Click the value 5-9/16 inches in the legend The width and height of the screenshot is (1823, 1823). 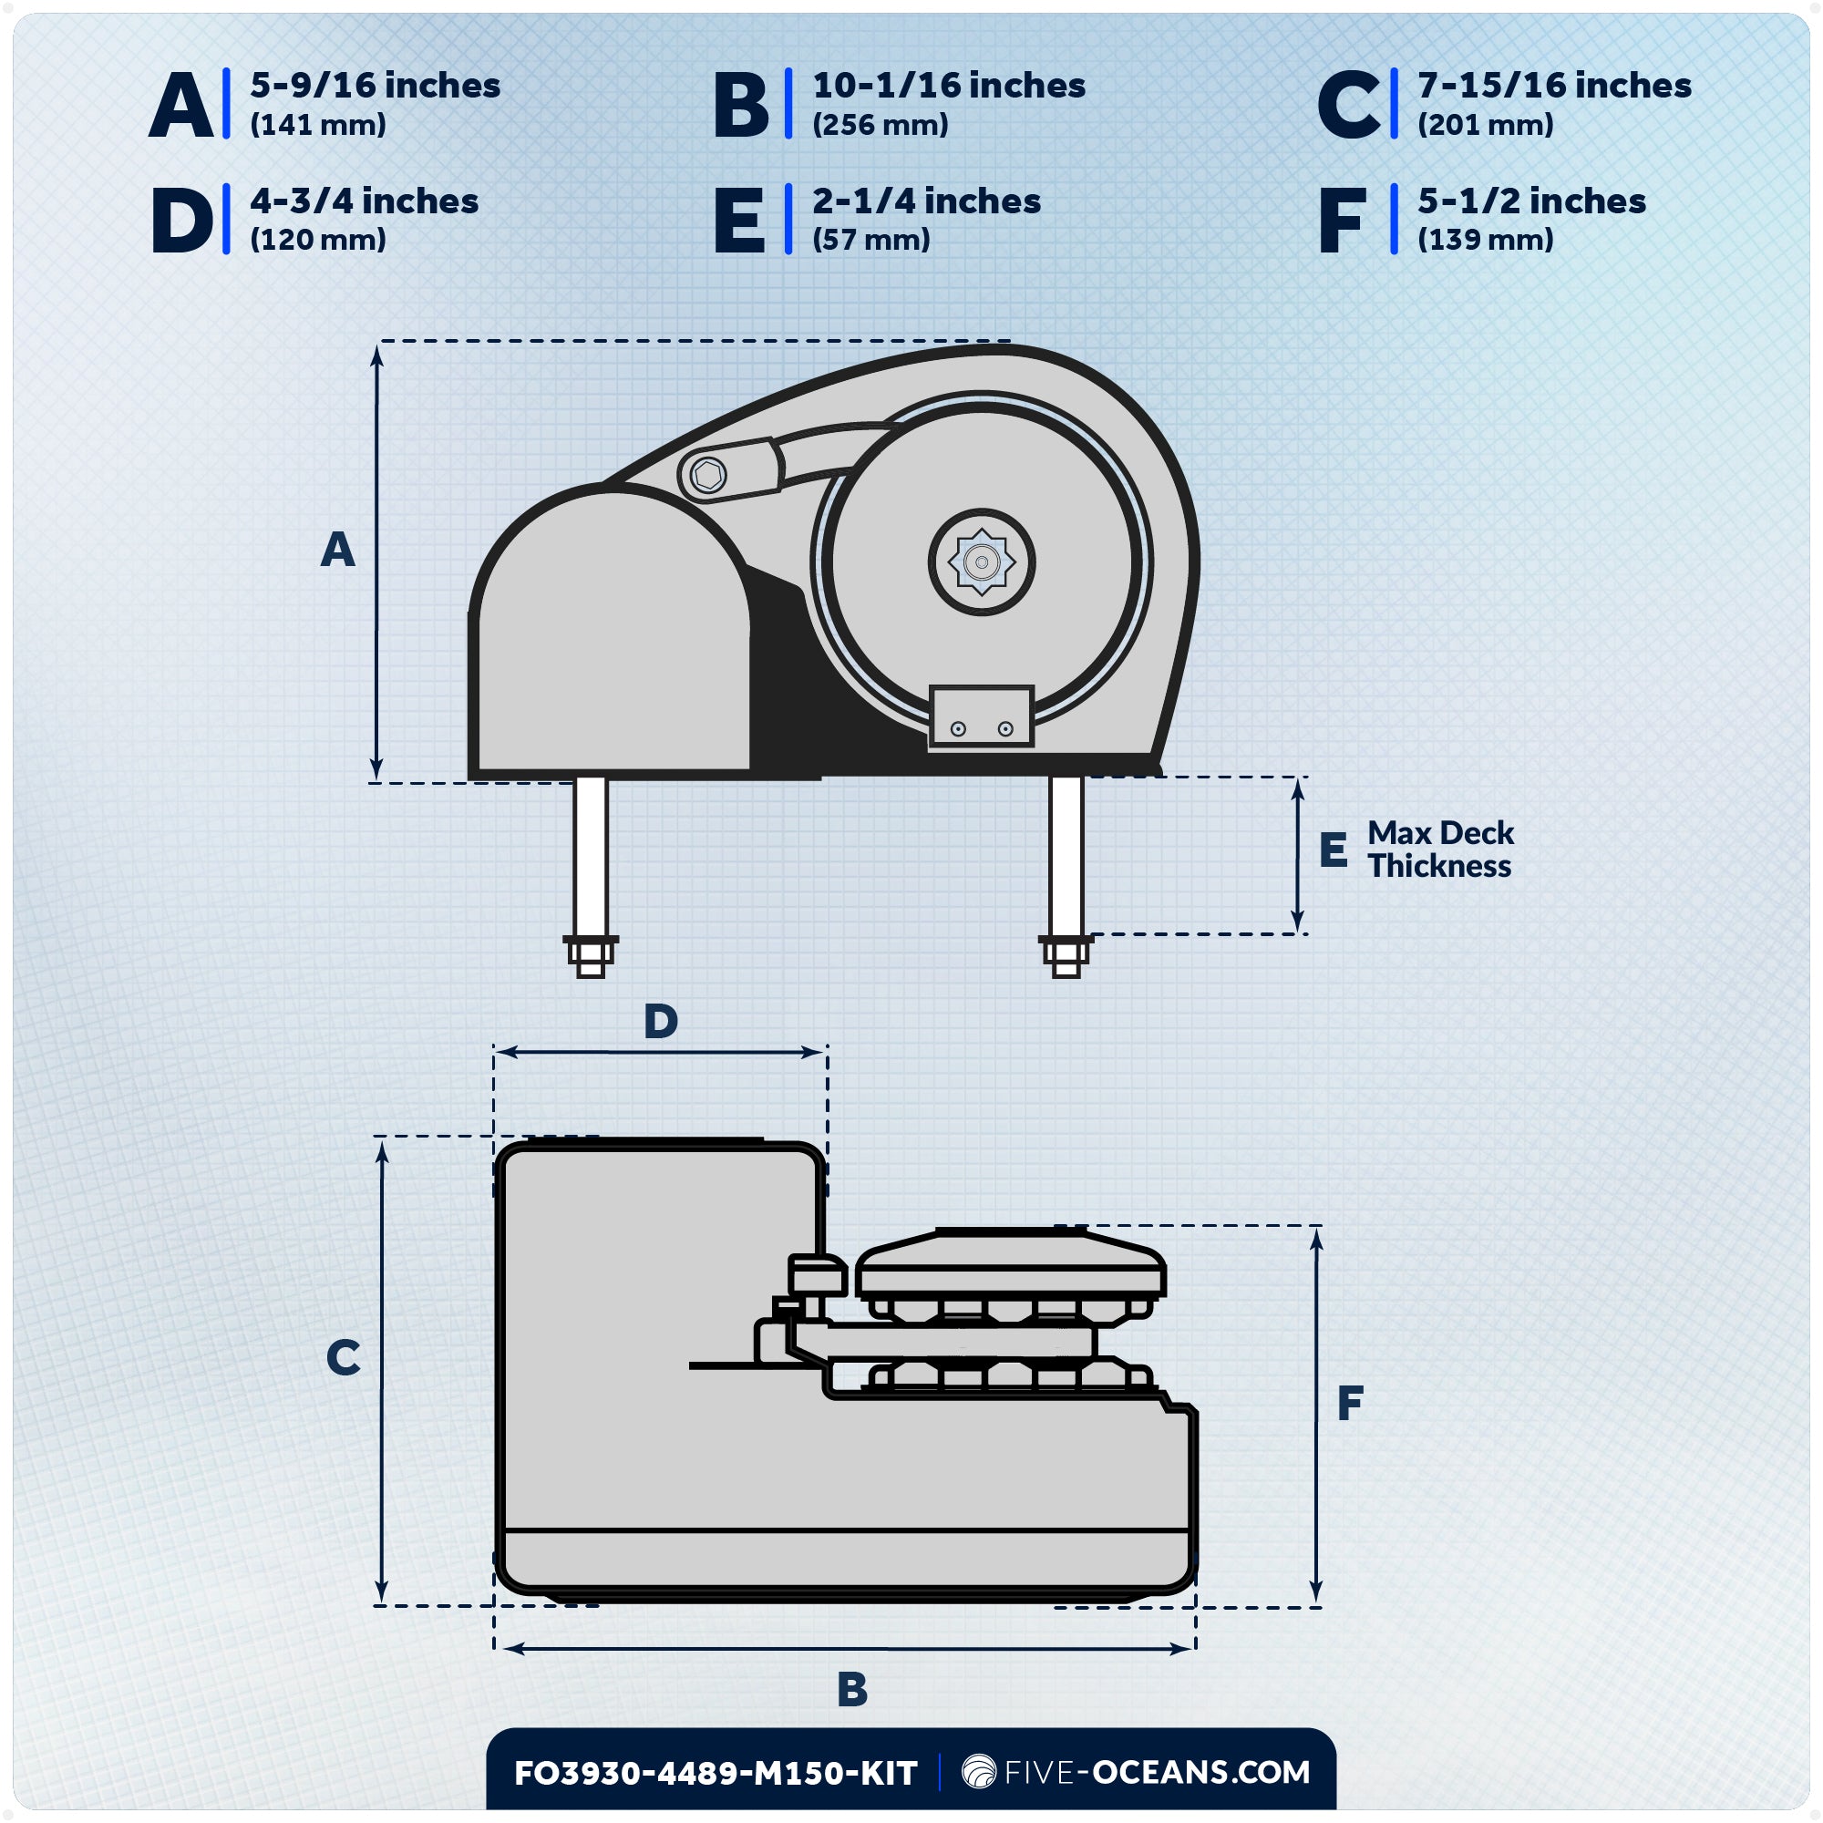(x=375, y=86)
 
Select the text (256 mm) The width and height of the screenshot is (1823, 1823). (x=880, y=126)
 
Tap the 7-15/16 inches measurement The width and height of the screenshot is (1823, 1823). (x=1553, y=86)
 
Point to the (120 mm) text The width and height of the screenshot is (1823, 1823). (x=318, y=240)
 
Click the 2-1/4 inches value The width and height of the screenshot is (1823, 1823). (x=926, y=201)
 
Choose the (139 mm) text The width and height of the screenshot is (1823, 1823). (x=1484, y=240)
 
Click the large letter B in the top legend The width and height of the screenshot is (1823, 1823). (x=741, y=106)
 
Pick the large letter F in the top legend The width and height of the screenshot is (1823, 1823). (x=1342, y=221)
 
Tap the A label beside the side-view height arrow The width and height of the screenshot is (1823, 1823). (x=337, y=549)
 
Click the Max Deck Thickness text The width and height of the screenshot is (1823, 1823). (x=1440, y=850)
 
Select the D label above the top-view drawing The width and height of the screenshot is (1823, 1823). (x=661, y=1021)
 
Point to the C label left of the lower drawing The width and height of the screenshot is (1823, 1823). (x=343, y=1358)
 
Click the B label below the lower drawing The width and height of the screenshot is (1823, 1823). (x=851, y=1689)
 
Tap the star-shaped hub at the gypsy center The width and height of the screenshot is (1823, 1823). (x=982, y=562)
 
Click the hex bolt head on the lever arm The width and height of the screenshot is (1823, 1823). (x=707, y=475)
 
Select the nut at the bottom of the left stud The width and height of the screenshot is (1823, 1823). (x=591, y=956)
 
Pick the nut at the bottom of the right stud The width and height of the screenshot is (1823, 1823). (x=1066, y=956)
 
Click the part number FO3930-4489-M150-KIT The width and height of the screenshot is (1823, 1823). (x=716, y=1773)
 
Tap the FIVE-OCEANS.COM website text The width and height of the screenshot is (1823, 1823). (x=1156, y=1772)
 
